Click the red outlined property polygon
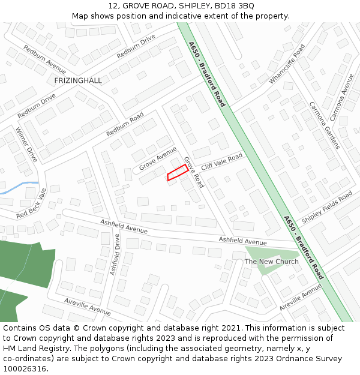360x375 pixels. pyautogui.click(x=178, y=173)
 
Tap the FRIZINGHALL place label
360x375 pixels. pyautogui.click(x=78, y=80)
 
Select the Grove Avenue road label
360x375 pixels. pyautogui.click(x=158, y=158)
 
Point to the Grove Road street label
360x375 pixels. pyautogui.click(x=194, y=172)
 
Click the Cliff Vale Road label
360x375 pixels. pyautogui.click(x=222, y=161)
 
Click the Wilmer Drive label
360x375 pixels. pyautogui.click(x=26, y=145)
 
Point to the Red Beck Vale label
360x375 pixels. pyautogui.click(x=32, y=203)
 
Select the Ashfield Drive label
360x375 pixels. pyautogui.click(x=115, y=254)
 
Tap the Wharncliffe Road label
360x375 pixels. pyautogui.click(x=287, y=64)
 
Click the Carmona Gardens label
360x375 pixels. pyautogui.click(x=325, y=125)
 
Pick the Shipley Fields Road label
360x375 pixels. pyautogui.click(x=327, y=208)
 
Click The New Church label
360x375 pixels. pyautogui.click(x=272, y=262)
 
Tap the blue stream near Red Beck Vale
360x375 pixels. pyautogui.click(x=18, y=187)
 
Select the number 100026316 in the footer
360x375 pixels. pyautogui.click(x=26, y=369)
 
